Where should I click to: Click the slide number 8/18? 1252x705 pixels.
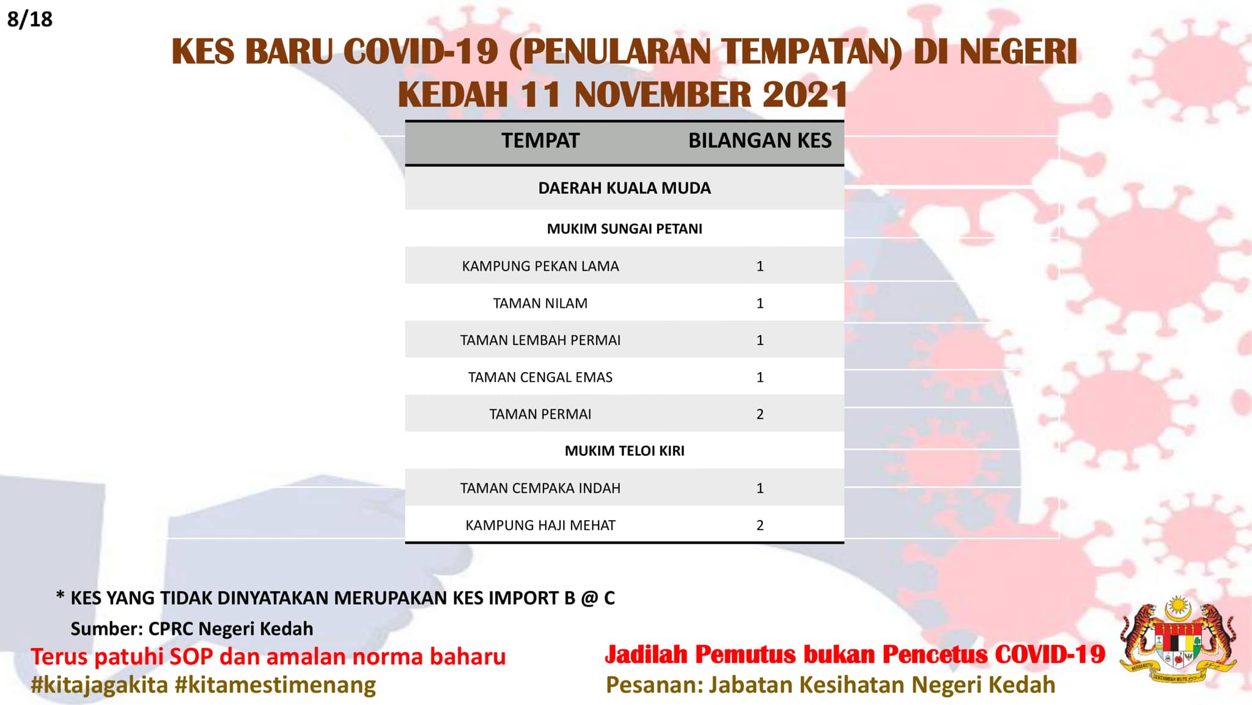(x=30, y=19)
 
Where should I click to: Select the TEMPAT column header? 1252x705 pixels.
(x=540, y=141)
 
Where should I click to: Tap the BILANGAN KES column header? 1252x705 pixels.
(x=760, y=141)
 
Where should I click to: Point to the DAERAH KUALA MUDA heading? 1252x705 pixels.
(x=624, y=188)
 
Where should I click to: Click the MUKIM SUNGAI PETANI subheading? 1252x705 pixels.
(x=624, y=229)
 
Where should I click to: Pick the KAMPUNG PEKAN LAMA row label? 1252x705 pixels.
(x=540, y=266)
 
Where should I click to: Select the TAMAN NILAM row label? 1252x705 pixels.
(x=540, y=303)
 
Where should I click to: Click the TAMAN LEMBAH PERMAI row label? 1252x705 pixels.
(x=540, y=340)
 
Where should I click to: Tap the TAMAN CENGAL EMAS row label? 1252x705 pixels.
(x=540, y=377)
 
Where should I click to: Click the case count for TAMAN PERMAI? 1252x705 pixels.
(x=760, y=414)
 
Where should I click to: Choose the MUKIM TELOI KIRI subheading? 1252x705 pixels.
(x=624, y=451)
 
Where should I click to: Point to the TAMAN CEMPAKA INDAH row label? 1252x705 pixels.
(x=540, y=488)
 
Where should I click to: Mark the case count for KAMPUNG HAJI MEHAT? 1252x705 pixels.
(x=760, y=525)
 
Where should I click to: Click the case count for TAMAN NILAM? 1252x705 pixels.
(x=760, y=303)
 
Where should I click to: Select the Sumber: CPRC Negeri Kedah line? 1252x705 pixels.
(x=192, y=629)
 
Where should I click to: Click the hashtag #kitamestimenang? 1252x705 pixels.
(x=275, y=685)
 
